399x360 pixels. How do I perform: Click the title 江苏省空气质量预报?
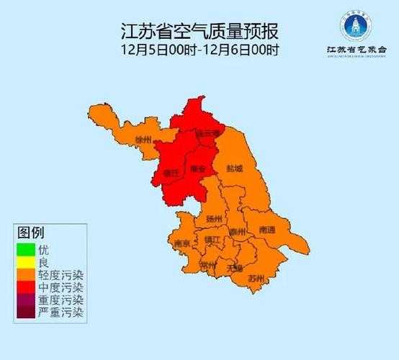point(199,32)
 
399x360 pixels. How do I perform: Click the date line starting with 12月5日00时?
point(199,50)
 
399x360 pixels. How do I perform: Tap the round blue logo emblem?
point(354,27)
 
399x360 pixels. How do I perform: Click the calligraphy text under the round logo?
point(354,50)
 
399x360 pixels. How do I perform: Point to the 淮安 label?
point(197,170)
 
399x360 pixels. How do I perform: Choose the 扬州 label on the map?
point(214,218)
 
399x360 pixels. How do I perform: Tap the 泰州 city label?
point(238,232)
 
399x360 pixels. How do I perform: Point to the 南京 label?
point(181,244)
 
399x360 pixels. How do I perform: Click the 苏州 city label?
point(256,277)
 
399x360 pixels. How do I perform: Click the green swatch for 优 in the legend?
point(26,249)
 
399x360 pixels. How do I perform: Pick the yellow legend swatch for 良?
point(26,262)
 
